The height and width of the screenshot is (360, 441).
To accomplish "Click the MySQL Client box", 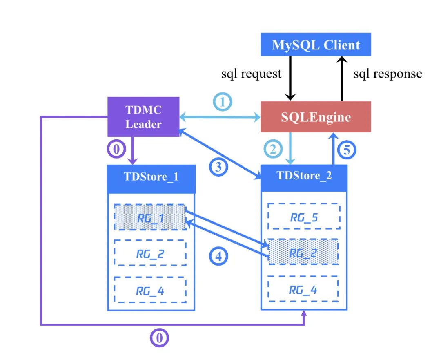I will point(316,45).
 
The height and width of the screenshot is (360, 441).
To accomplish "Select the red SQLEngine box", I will point(316,117).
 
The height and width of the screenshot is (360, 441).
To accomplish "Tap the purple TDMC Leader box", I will point(143,116).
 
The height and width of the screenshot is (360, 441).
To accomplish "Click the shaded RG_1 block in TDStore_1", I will point(150,217).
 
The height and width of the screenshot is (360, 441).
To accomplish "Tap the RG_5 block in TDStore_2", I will point(304,217).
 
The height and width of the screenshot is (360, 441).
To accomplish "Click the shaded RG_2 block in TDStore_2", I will point(304,253).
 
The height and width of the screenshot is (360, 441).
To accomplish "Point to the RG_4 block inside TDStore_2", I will point(304,290).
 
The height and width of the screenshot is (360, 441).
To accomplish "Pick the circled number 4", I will point(219,256).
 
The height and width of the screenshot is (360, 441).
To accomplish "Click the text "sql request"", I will point(251,74).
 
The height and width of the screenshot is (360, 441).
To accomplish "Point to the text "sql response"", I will point(388,74).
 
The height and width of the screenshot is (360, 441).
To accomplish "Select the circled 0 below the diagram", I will point(159,338).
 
